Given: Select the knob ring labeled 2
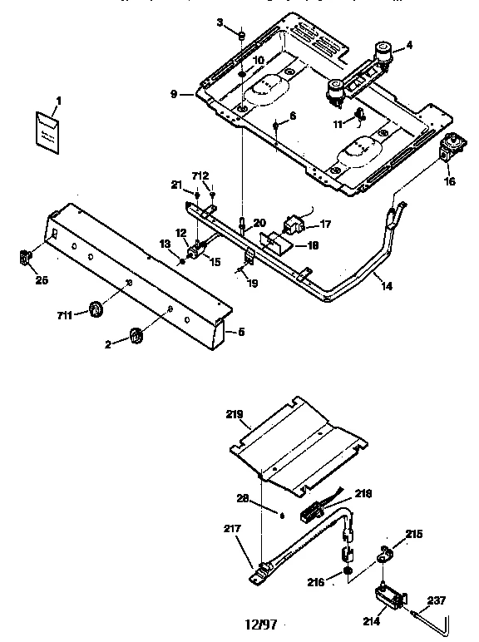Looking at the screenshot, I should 134,336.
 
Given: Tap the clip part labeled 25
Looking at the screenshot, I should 25,257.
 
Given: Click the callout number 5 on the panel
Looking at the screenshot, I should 241,332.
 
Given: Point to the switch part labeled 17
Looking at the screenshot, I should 294,223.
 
